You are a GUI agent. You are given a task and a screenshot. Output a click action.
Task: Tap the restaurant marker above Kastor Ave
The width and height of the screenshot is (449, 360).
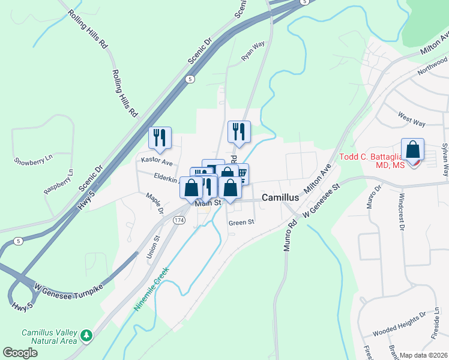coord(160,137)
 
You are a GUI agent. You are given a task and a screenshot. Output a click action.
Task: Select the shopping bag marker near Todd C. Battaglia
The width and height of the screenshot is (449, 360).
coord(412,149)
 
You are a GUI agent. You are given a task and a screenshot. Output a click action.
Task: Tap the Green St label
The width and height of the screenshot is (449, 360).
coord(241,222)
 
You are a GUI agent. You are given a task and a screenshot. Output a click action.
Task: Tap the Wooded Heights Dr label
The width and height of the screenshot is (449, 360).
coord(399,332)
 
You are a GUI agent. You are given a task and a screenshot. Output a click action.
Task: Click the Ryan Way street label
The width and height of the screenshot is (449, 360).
coord(253,52)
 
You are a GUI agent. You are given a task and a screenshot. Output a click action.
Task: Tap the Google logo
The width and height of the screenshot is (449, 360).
coord(20,352)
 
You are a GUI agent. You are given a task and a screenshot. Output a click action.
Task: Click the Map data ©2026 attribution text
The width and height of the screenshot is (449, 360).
coord(423,355)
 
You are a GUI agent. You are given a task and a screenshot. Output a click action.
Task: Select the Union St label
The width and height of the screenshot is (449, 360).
coord(152,246)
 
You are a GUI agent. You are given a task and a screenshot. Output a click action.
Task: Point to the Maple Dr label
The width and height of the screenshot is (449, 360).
coord(155,203)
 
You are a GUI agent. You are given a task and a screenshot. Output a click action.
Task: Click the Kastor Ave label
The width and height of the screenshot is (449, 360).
coord(157,162)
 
